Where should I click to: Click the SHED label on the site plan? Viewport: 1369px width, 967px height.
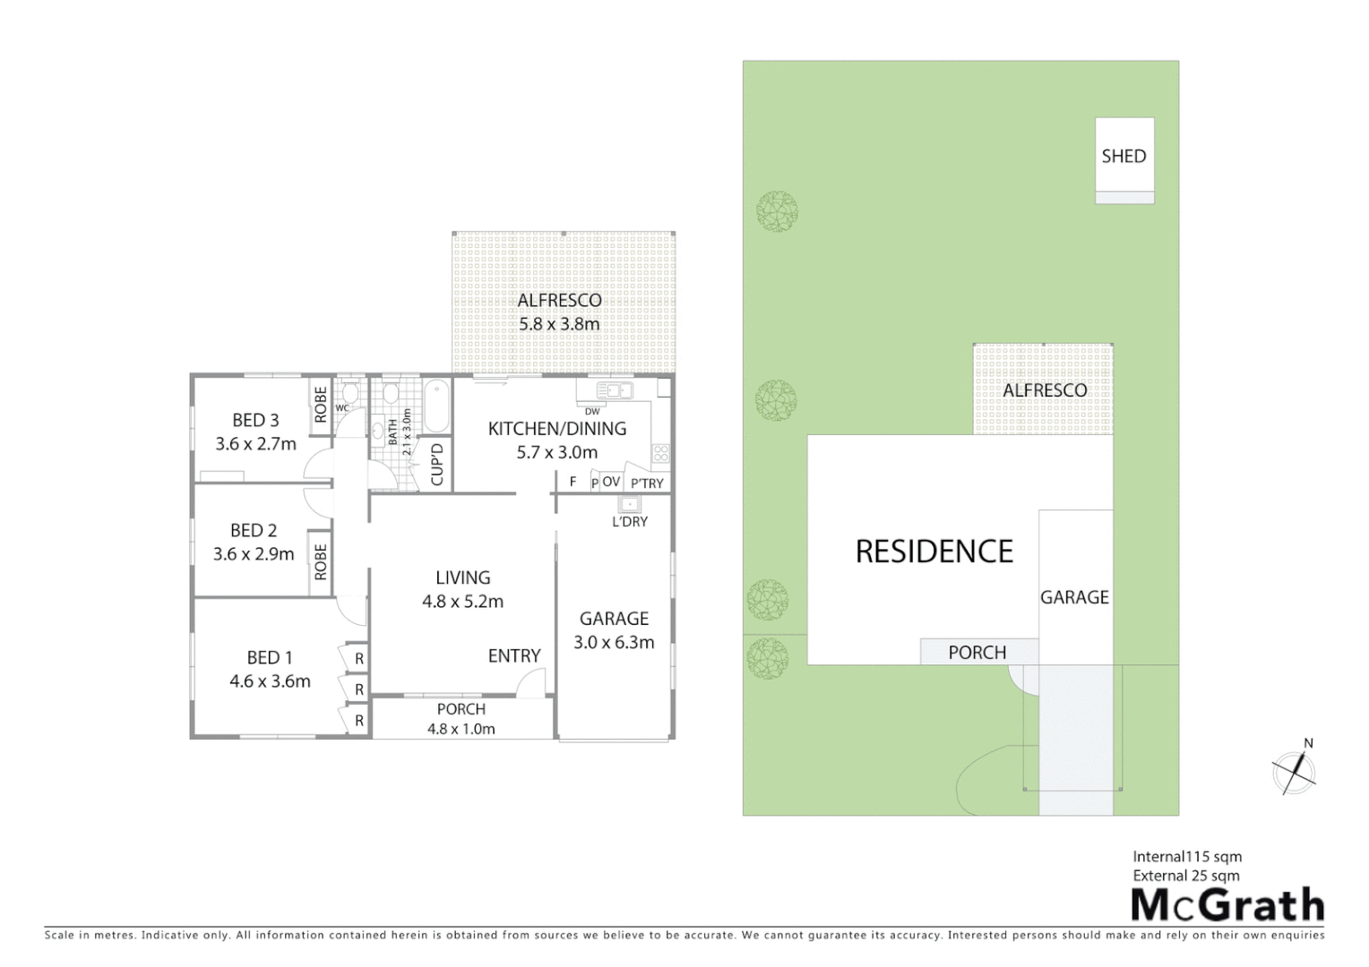coord(1124,156)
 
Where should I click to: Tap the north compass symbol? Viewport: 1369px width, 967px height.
coord(1295,770)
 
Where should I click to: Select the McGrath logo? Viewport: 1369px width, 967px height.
coord(1227,905)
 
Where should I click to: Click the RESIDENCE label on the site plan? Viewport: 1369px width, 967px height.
coord(934,552)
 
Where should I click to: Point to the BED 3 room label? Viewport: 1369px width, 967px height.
coord(255,420)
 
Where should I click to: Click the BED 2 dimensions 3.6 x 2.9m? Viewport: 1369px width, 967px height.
coord(254,554)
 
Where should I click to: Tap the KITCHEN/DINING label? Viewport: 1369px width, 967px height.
coord(556,429)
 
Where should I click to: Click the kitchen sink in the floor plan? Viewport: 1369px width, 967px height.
coord(614,390)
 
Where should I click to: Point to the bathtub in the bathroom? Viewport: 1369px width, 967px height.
coord(436,406)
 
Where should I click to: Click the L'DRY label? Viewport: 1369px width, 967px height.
coord(629,521)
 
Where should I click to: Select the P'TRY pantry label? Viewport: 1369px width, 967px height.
coord(647,483)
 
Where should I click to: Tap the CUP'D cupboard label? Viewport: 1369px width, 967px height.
coord(437,464)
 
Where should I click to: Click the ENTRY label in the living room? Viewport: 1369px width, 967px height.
coord(513,656)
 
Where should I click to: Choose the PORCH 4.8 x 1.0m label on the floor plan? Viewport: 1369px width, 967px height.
coord(461,719)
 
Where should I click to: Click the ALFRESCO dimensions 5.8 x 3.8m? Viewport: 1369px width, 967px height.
coord(559,324)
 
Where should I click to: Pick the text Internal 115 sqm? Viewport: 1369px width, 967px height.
coord(1187,857)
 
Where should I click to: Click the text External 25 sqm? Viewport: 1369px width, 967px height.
coord(1186,876)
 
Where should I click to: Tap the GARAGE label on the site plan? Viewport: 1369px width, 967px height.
coord(1074,597)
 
